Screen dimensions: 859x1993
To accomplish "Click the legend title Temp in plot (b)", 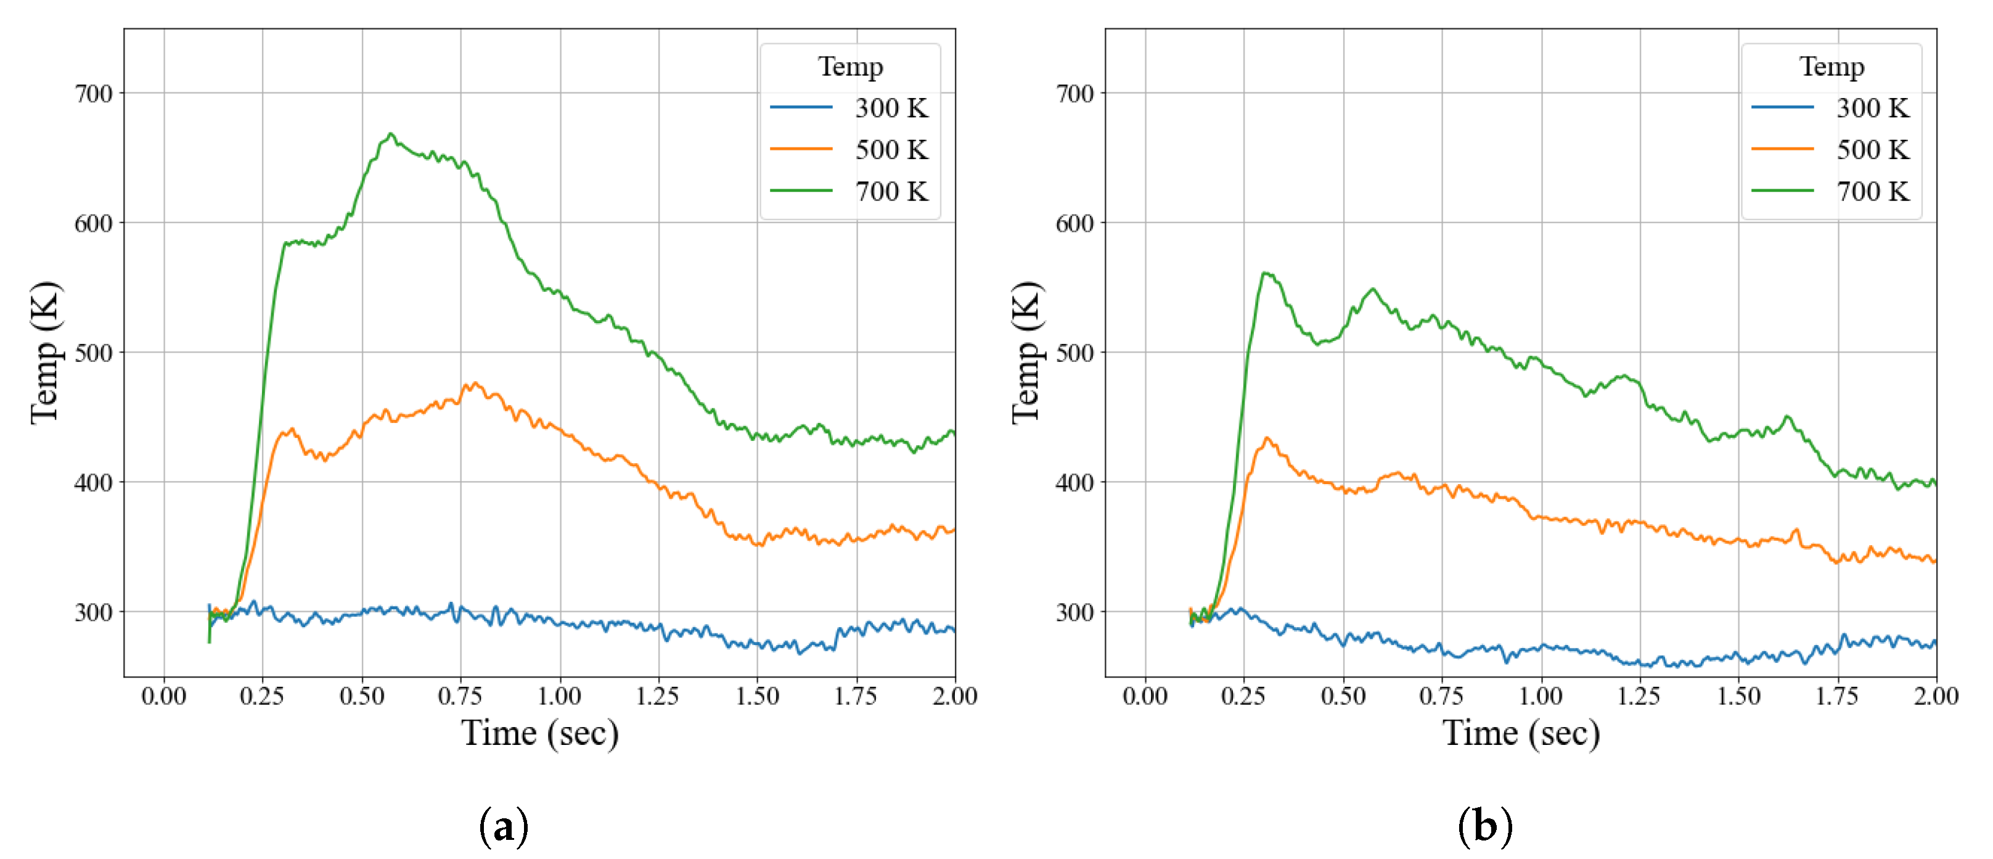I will click(1831, 67).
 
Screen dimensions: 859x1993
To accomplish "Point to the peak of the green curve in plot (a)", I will click(391, 134).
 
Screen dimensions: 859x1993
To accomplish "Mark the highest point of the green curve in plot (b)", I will click(1265, 273).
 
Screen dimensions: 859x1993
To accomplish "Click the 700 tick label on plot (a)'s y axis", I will click(93, 94).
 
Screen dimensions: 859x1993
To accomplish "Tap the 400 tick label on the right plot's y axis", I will click(1074, 483).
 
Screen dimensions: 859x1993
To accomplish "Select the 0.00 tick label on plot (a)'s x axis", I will click(163, 696).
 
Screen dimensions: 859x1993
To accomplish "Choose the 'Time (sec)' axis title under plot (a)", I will click(540, 733).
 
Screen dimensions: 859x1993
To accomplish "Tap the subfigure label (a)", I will click(504, 826).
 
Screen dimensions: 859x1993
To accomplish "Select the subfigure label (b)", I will click(1484, 826).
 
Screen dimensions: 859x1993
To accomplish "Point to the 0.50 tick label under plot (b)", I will click(1343, 696).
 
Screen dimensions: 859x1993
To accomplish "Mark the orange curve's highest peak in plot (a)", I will click(473, 383).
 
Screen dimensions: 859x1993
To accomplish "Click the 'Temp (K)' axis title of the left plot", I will click(46, 353).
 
